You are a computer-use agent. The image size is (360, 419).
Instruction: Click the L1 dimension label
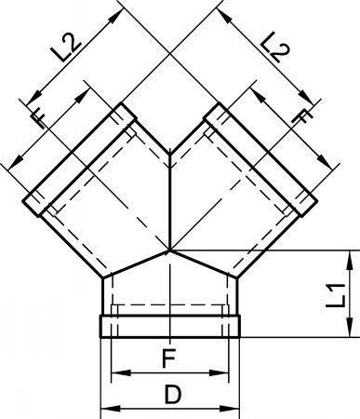click(x=336, y=295)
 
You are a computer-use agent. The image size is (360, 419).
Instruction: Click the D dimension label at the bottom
click(x=172, y=394)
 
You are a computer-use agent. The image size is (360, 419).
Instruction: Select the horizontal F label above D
click(x=169, y=358)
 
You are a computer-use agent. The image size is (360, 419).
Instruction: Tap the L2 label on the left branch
click(x=66, y=47)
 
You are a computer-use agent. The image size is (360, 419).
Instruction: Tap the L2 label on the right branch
click(x=274, y=47)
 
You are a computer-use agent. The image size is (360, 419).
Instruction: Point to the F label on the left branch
click(x=39, y=119)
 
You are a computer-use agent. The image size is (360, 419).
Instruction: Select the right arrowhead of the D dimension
click(x=230, y=409)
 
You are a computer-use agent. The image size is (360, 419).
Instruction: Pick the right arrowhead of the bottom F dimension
click(x=219, y=373)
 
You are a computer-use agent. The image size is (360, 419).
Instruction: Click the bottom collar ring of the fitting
click(x=170, y=326)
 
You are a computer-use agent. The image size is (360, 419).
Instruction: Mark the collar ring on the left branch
click(x=79, y=159)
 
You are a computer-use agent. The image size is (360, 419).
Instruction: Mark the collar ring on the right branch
click(x=260, y=159)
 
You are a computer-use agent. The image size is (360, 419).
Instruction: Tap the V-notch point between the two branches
click(x=169, y=155)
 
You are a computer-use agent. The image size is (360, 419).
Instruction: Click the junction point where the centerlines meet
click(x=169, y=250)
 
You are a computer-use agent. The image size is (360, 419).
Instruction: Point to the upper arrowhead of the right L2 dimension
click(x=225, y=16)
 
